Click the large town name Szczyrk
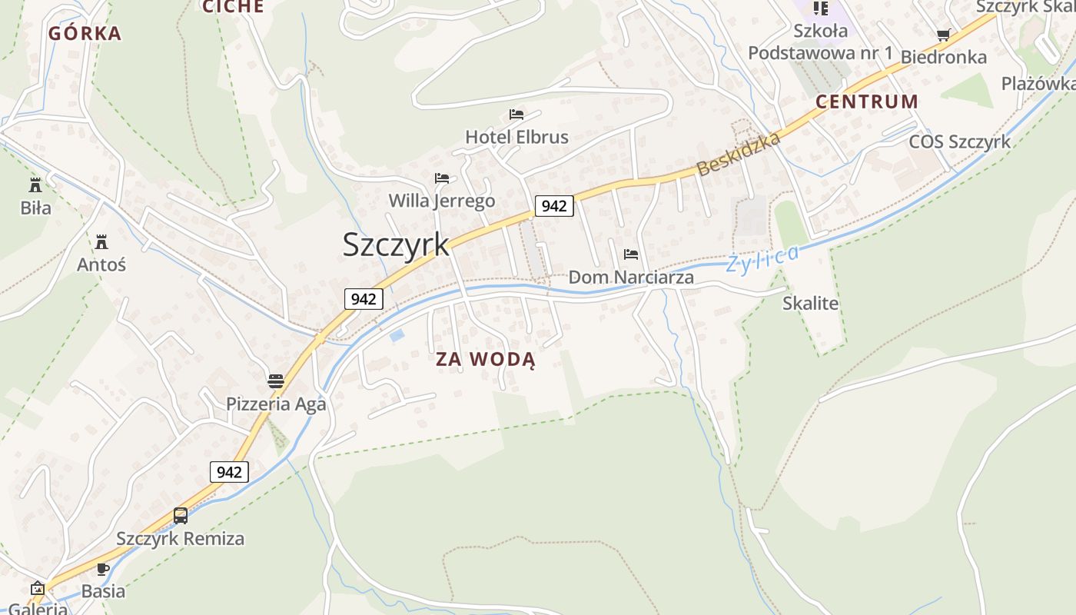(x=396, y=244)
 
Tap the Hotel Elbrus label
(x=516, y=138)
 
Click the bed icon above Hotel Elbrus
(x=516, y=115)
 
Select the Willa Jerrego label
(x=442, y=201)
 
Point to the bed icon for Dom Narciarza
(x=631, y=254)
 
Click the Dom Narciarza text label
(x=631, y=278)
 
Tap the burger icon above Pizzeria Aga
(x=276, y=381)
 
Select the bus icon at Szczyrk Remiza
(x=181, y=516)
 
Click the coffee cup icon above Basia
(x=103, y=570)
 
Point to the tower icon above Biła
(x=35, y=185)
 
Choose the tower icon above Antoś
(x=101, y=242)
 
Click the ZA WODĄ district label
(x=485, y=359)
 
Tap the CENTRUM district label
(x=867, y=101)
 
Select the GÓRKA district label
(x=85, y=33)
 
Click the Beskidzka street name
(x=739, y=154)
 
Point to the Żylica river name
(x=763, y=258)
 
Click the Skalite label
(x=810, y=304)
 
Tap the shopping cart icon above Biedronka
(x=943, y=35)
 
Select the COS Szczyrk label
(x=960, y=142)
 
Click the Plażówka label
(x=1038, y=83)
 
